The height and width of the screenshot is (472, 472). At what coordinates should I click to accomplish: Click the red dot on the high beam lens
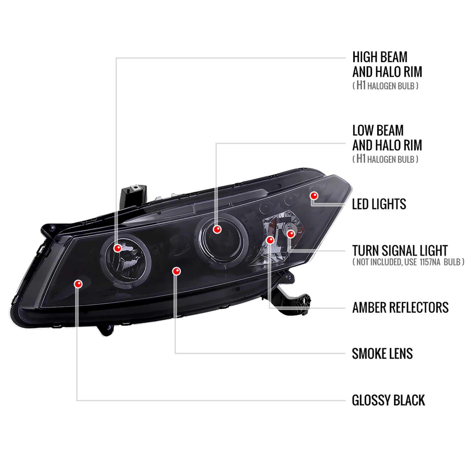click(x=117, y=248)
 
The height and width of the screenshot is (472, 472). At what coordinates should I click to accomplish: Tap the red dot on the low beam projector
click(x=217, y=229)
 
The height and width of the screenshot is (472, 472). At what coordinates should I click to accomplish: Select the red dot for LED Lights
click(x=314, y=196)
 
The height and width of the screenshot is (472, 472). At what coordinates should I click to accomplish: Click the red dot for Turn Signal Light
click(x=291, y=234)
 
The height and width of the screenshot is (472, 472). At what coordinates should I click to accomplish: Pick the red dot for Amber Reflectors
click(x=270, y=240)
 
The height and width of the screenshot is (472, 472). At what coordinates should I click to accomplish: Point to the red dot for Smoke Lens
click(x=177, y=271)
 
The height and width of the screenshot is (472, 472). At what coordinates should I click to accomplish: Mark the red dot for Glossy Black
click(x=78, y=284)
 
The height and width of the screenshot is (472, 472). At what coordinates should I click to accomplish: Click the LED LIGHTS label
click(x=379, y=204)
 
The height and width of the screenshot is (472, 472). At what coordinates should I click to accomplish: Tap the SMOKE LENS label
click(x=382, y=354)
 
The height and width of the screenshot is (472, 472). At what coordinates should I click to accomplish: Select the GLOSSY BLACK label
click(x=388, y=400)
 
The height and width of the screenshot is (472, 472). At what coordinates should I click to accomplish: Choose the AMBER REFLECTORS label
click(x=400, y=307)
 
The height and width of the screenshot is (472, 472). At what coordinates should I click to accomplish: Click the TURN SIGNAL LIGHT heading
click(x=400, y=251)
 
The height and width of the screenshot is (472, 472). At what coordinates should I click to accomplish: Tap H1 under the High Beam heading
click(x=361, y=85)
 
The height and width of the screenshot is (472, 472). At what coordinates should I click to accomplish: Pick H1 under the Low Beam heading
click(x=361, y=159)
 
